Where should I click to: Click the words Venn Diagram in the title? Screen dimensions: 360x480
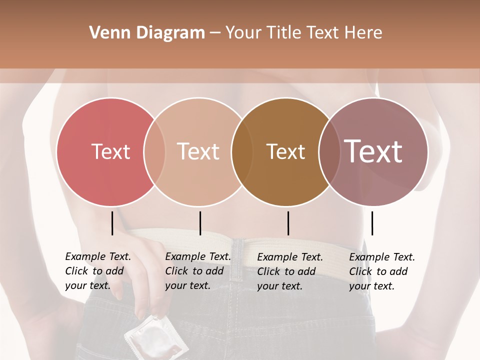[147, 33]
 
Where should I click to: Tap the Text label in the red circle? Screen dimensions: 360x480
[110, 151]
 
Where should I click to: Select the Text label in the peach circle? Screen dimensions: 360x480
[198, 151]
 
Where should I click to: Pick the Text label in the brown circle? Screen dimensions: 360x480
[285, 151]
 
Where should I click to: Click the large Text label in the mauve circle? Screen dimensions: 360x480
[373, 151]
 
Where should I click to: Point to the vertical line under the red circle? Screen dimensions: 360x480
[112, 223]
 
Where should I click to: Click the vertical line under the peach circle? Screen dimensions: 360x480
[200, 223]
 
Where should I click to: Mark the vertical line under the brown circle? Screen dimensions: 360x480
[288, 223]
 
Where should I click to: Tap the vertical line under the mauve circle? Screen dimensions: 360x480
[372, 223]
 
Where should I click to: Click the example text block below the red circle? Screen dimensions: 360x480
[98, 271]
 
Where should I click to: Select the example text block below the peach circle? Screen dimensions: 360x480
[198, 271]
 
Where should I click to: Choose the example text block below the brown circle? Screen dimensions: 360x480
[290, 271]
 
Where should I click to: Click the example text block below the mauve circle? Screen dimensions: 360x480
[382, 271]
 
